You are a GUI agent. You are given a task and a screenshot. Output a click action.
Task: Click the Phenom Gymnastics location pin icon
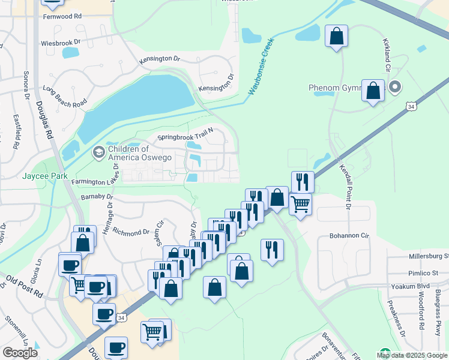pos(394,88)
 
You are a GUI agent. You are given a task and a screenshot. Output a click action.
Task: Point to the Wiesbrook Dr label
pos(60,43)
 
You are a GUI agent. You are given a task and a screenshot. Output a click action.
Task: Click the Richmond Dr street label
pos(130,232)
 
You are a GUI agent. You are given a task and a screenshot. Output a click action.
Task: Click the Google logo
pos(20,353)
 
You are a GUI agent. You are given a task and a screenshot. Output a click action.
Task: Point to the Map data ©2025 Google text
pos(412,355)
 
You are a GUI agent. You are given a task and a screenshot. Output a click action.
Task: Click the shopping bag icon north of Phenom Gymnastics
pos(337,36)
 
